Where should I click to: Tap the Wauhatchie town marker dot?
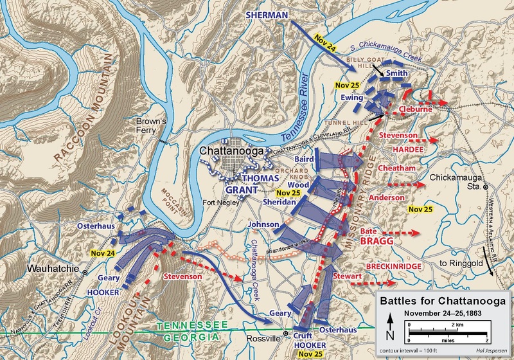(x=85, y=273)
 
